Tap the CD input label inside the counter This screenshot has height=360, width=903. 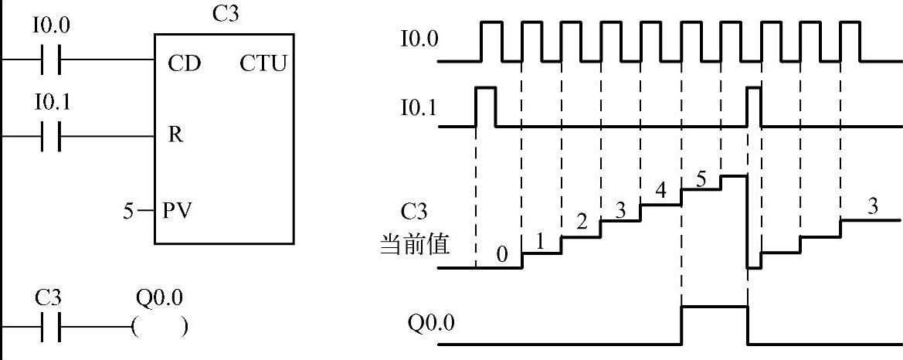click(184, 63)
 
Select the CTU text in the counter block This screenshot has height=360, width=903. click(263, 63)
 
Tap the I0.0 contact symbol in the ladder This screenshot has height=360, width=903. click(51, 59)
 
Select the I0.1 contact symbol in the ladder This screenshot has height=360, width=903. click(51, 136)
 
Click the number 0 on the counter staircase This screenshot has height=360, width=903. click(501, 255)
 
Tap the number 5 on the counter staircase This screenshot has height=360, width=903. click(701, 179)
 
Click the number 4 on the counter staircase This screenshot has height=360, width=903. click(660, 191)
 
